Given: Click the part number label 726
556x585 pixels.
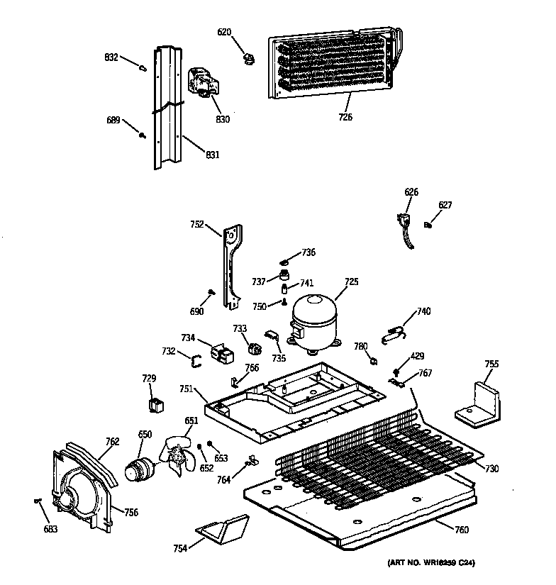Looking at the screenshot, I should pos(345,117).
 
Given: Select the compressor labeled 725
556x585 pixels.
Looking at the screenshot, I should pos(313,323).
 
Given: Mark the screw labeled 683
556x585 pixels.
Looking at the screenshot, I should pos(36,502).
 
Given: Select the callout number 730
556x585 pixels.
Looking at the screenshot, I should pos(491,469).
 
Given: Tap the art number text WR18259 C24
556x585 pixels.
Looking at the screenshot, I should pos(431,563).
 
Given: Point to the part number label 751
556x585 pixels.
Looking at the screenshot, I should pos(186,389).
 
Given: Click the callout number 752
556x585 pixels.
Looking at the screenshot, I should pos(198,225).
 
